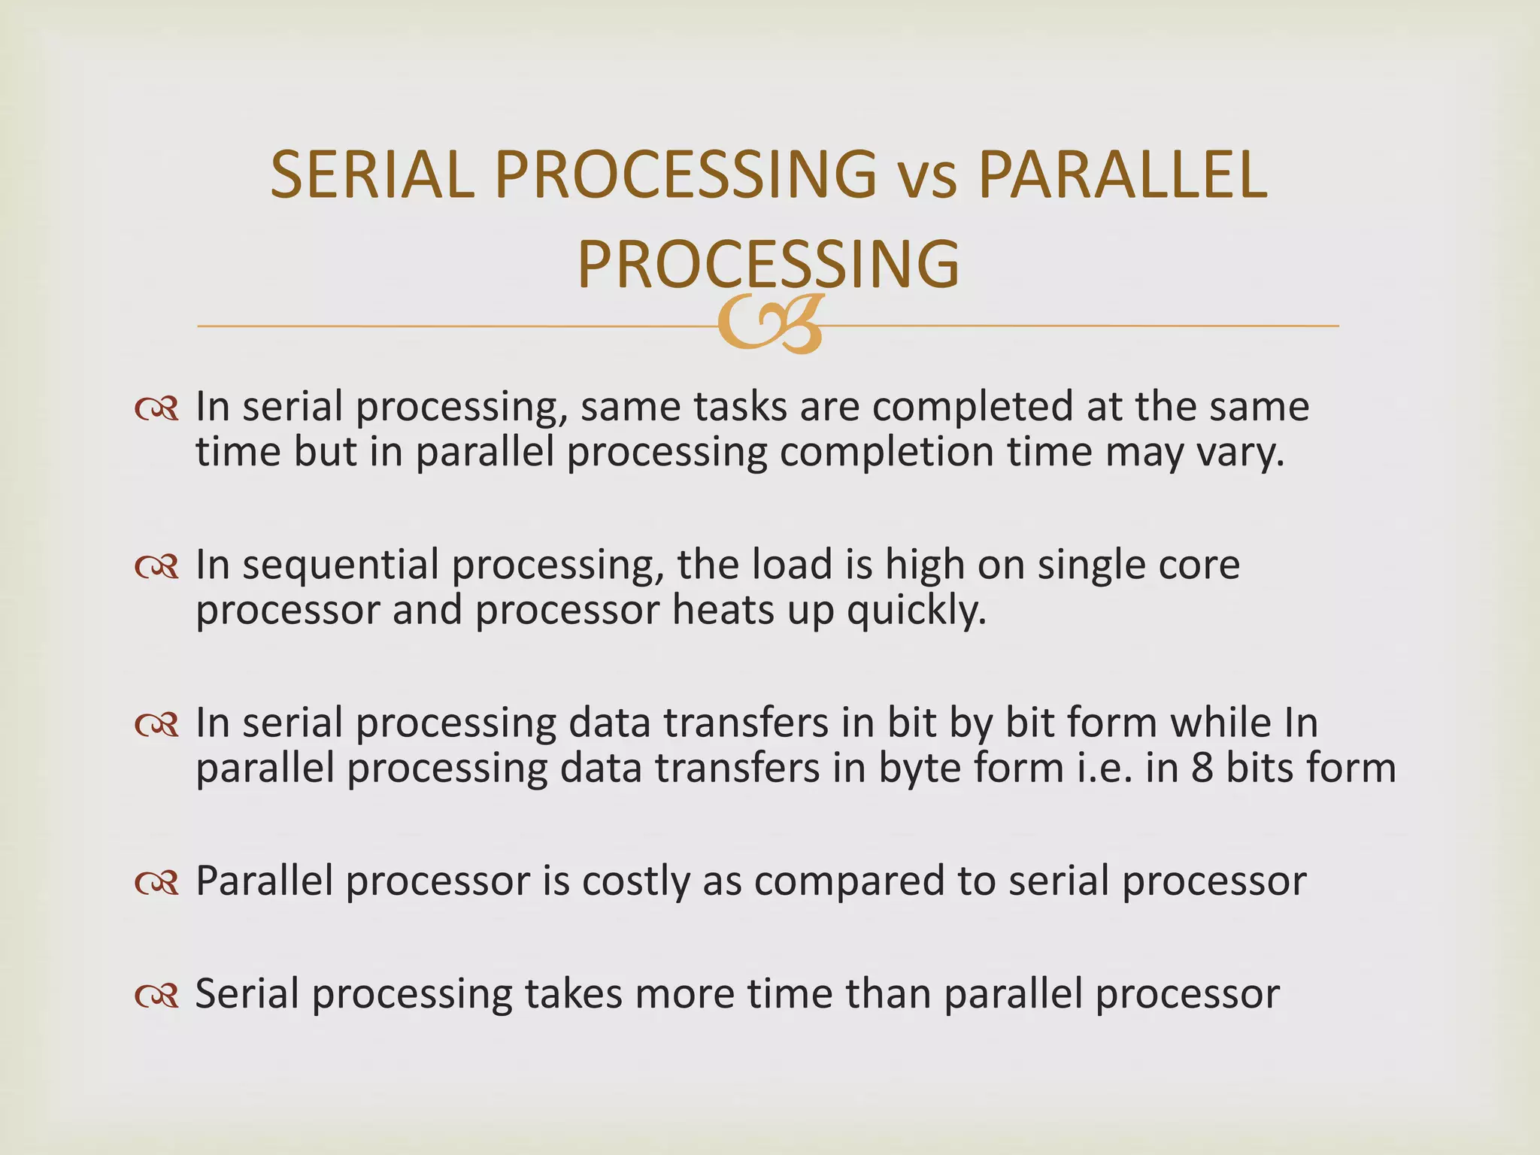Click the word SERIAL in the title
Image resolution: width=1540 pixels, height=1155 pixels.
click(x=372, y=174)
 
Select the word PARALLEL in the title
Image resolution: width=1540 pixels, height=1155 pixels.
click(x=1123, y=174)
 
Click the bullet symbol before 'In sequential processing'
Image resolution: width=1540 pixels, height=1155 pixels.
click(x=156, y=567)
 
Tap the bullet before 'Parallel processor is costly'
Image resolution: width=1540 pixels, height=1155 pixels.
click(x=156, y=883)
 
